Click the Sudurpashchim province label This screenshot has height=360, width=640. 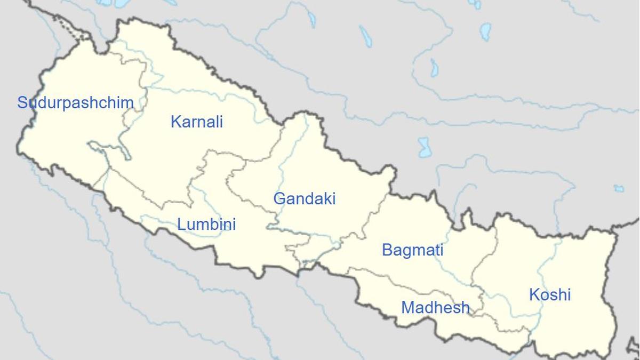coord(75,103)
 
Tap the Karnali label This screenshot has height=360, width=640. coord(196,122)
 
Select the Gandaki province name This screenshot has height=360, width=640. coord(305,199)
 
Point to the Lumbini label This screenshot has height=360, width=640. coord(206,224)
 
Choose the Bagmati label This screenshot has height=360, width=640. coord(412,250)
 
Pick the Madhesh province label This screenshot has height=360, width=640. coord(435,308)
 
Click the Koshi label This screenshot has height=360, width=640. coord(550,294)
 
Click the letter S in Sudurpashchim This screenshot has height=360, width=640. coord(22,103)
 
